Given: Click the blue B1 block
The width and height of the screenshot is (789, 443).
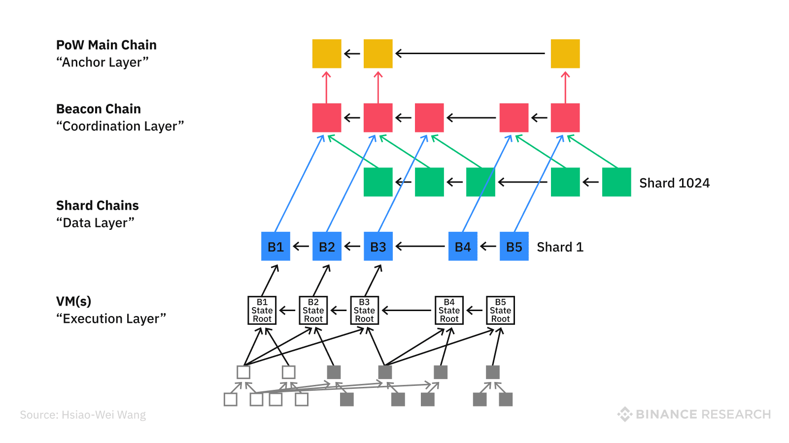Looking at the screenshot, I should [275, 246].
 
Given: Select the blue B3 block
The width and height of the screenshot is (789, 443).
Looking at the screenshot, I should [378, 246].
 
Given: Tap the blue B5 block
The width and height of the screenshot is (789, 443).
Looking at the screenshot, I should [514, 246].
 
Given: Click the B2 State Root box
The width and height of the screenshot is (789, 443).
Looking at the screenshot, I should [313, 310].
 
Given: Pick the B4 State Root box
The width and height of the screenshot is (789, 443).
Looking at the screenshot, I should [449, 310].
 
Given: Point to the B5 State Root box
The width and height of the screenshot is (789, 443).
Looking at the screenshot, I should [500, 310].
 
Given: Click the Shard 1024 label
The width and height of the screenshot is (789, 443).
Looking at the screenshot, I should [674, 183].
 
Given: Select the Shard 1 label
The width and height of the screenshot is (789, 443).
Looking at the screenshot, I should [560, 247].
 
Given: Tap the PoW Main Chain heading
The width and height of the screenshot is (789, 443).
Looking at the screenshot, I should [106, 45].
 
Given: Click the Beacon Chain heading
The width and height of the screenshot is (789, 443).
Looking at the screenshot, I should [99, 109].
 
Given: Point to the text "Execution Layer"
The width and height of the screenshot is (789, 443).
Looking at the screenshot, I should [111, 319].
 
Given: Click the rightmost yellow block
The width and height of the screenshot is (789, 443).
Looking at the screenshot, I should [565, 54].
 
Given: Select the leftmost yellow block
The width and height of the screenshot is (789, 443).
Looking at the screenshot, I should [327, 54].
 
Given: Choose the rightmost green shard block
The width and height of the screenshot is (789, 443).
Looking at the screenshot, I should [617, 182].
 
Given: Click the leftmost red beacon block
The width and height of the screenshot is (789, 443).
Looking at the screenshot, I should [327, 118].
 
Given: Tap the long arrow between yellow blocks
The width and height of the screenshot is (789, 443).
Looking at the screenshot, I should [471, 53].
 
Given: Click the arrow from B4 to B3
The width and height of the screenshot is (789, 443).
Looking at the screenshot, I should [420, 246].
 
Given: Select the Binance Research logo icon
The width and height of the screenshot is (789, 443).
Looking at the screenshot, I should [624, 414].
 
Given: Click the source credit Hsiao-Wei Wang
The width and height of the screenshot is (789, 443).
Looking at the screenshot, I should [83, 415].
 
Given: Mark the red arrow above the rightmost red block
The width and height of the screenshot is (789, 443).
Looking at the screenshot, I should [565, 87].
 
